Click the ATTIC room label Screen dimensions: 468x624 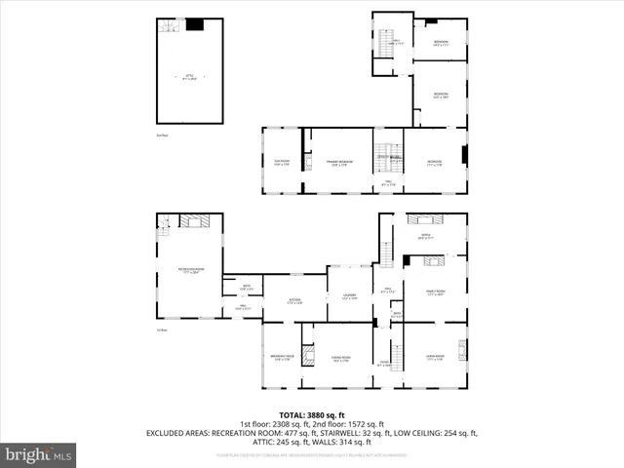coord(190,75)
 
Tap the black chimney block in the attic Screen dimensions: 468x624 coord(195,24)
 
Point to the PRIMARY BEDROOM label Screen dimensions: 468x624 coord(338,162)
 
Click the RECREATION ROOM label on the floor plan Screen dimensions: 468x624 coord(189,270)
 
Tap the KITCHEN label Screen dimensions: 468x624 coord(294,300)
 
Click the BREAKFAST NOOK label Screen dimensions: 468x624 coord(282,358)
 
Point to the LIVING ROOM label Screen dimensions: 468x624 coord(435,358)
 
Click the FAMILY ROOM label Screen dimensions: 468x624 coord(435,292)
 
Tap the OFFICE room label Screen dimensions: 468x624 coord(425,235)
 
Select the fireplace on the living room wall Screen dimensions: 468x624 coord(462,350)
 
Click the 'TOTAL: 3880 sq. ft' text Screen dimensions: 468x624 coord(311,414)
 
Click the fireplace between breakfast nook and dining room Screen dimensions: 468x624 coord(307,355)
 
